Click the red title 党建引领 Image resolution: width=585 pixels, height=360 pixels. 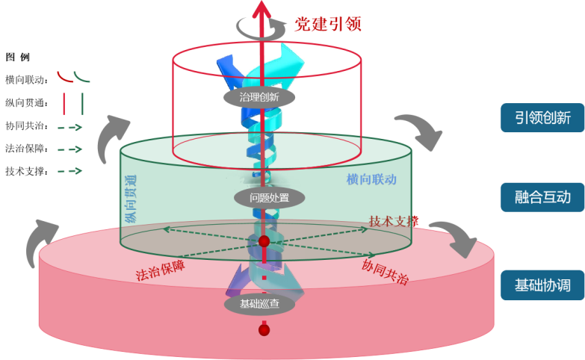click(328, 23)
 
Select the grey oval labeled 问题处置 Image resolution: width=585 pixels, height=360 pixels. click(259, 198)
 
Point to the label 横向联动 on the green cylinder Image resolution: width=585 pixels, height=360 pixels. click(371, 179)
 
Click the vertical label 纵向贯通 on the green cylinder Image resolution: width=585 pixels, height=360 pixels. click(131, 197)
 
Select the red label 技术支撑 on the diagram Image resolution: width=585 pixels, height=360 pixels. click(393, 221)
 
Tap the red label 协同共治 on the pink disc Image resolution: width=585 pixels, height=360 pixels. click(385, 270)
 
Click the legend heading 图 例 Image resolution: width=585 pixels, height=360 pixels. click(17, 57)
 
